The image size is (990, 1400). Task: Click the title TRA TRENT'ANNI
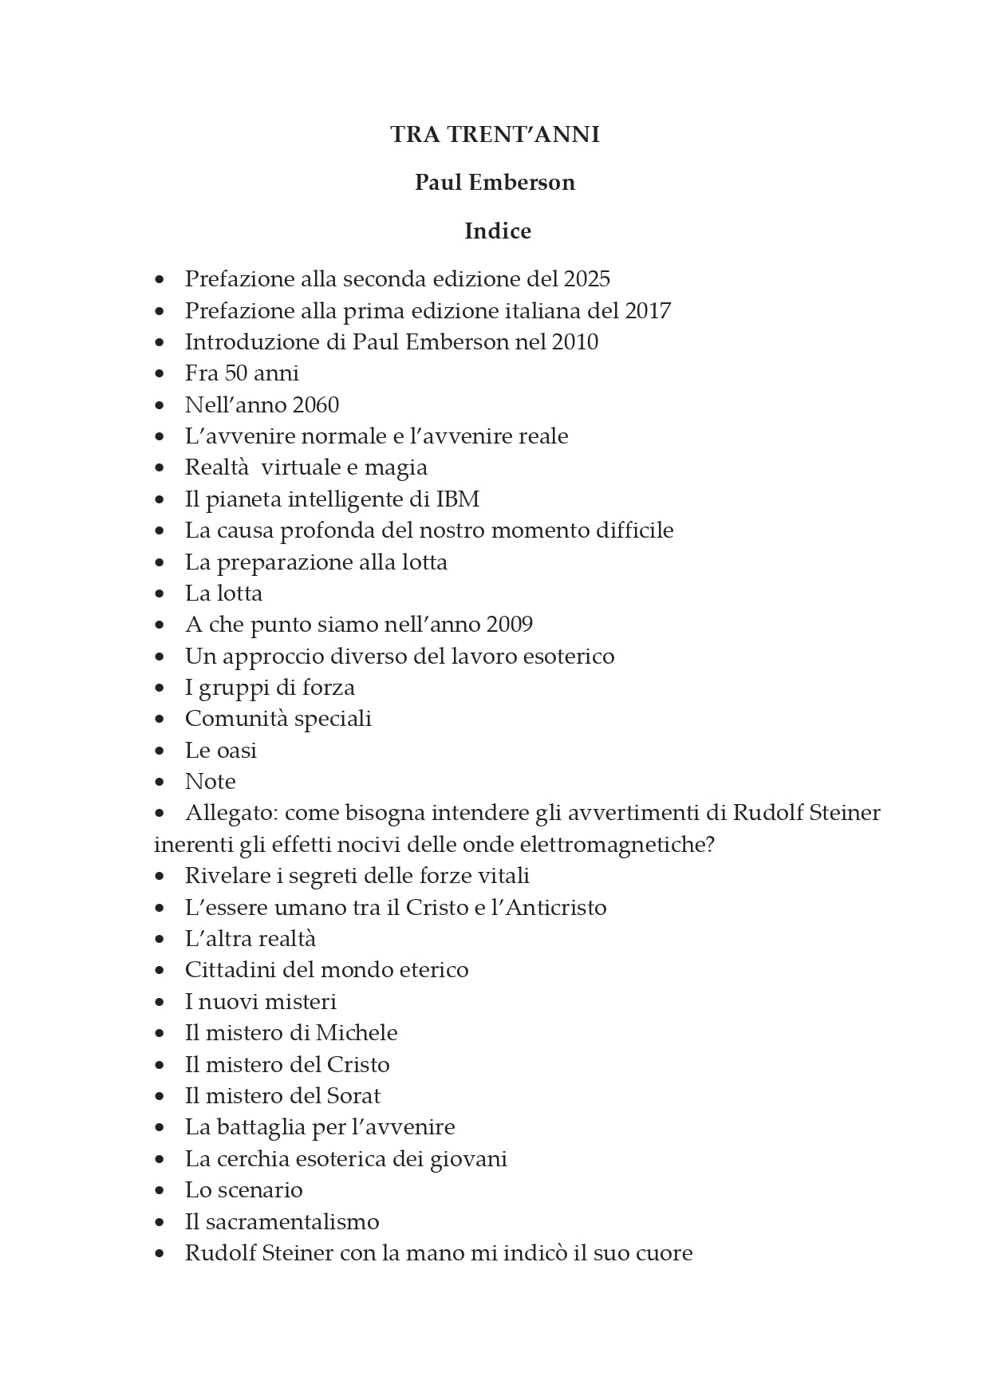[x=495, y=135]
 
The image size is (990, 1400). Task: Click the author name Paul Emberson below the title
[x=495, y=183]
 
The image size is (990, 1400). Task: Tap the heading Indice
[x=498, y=231]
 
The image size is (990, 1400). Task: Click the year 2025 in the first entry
[x=586, y=279]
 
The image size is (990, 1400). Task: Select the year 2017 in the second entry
[x=648, y=310]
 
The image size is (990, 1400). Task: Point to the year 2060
[x=316, y=405]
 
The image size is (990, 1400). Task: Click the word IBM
[x=458, y=499]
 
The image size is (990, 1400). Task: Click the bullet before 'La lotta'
[x=160, y=594]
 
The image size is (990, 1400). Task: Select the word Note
[x=210, y=782]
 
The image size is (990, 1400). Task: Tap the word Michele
[x=357, y=1033]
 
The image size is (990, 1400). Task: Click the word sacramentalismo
[x=292, y=1222]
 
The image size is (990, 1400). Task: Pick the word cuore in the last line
[x=664, y=1253]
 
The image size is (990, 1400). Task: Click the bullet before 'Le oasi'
[x=160, y=751]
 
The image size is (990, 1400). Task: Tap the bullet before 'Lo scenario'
[x=160, y=1191]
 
